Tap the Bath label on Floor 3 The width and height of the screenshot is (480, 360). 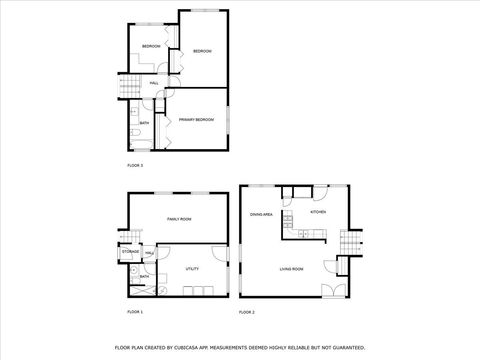pos(144,122)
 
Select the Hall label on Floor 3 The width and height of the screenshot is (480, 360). pos(153,83)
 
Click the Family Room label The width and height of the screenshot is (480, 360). pos(179,218)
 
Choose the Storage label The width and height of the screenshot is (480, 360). pos(131,252)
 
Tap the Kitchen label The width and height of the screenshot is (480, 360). pos(318,212)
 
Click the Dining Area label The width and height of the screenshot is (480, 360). pos(262,215)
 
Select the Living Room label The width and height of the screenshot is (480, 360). pos(291,269)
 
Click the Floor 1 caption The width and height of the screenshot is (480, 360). pos(135,312)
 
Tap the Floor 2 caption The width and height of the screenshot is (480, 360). pos(247,312)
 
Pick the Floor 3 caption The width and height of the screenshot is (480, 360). pos(135,164)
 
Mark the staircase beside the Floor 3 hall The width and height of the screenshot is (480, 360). pos(129,90)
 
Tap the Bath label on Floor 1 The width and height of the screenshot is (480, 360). pos(144,276)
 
